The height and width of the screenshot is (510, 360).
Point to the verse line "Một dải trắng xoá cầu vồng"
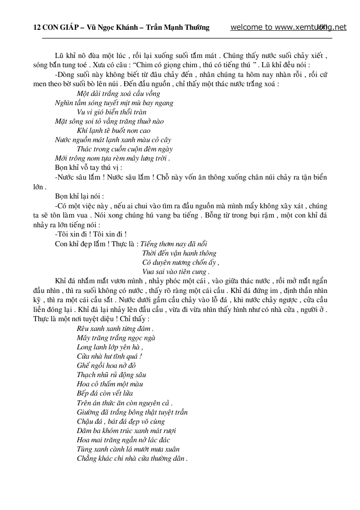click(118, 93)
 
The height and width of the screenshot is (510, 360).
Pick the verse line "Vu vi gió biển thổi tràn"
click(111, 112)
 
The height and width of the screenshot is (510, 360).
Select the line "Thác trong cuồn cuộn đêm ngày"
click(121, 149)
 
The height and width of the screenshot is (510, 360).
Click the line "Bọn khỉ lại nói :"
click(79, 196)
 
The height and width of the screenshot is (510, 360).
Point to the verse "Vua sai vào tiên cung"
click(175, 271)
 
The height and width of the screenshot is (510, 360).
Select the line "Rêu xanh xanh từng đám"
click(115, 328)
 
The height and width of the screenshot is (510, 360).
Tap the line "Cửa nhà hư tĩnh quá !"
click(109, 356)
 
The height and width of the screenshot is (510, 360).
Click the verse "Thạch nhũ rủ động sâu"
click(111, 375)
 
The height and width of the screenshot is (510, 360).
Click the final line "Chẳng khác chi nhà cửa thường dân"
click(132, 458)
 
